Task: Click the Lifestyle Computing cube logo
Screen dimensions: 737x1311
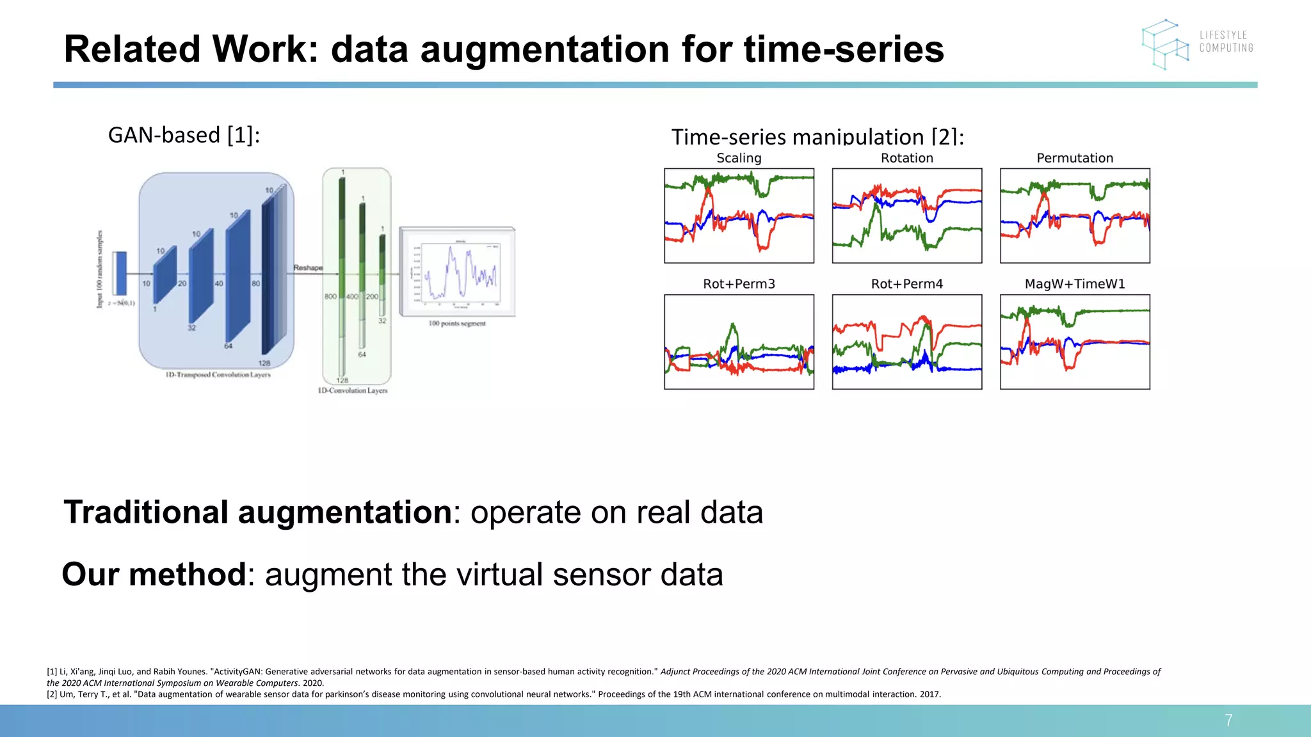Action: (x=1165, y=44)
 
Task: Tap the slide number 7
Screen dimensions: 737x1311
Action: (x=1228, y=720)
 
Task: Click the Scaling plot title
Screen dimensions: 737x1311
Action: (x=739, y=158)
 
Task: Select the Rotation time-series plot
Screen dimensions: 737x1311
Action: (x=906, y=216)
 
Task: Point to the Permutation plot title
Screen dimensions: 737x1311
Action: (x=1075, y=158)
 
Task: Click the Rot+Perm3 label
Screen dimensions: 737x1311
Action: (x=739, y=284)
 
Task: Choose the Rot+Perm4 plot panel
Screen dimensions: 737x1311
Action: (x=906, y=342)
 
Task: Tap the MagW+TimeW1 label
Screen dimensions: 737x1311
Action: (x=1075, y=284)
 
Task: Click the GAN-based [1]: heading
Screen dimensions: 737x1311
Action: (x=184, y=135)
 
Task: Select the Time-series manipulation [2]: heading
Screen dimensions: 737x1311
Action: (x=817, y=137)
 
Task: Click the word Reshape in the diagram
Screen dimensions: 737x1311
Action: (x=308, y=267)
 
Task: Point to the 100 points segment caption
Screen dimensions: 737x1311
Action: (x=457, y=324)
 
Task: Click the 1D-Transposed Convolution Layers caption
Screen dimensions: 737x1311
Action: (x=218, y=375)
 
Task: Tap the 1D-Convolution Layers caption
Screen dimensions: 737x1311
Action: (x=353, y=390)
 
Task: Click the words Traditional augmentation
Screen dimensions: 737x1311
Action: (x=258, y=512)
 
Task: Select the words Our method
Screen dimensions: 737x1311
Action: (x=154, y=575)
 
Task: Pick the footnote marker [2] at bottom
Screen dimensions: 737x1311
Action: (x=52, y=694)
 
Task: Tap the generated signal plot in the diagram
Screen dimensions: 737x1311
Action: (x=457, y=271)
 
